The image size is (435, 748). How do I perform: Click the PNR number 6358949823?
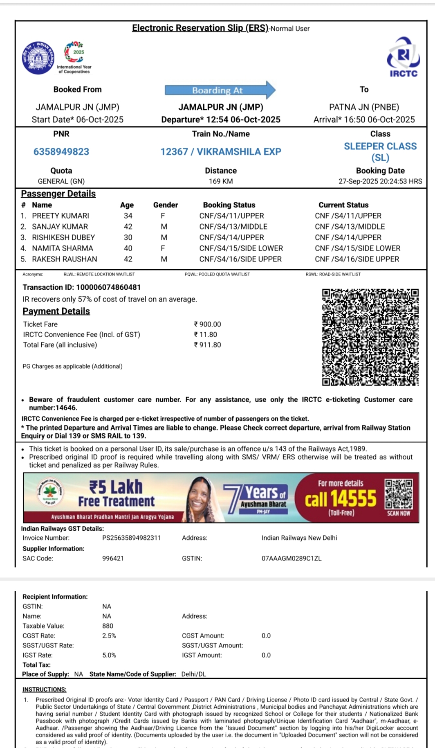[61, 152]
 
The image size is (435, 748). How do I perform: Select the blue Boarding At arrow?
[220, 90]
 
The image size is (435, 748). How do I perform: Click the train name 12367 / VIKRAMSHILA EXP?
[221, 152]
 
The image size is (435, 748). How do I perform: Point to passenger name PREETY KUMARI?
[61, 216]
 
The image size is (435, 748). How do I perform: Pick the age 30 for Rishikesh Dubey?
[128, 237]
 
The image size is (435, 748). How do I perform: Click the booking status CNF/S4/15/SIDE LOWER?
[241, 248]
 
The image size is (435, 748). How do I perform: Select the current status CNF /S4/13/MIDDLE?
[350, 227]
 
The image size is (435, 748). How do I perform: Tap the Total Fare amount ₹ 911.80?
[207, 345]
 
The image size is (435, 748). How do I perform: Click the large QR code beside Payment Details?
[370, 337]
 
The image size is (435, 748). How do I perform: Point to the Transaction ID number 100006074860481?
[108, 287]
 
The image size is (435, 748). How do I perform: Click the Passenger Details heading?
[58, 194]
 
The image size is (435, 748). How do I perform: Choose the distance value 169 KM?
[221, 181]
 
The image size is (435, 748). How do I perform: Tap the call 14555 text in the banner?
[341, 499]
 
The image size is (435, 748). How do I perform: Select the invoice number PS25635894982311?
[132, 538]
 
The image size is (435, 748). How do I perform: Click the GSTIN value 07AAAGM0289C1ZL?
[291, 558]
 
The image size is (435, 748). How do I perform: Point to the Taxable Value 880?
[108, 626]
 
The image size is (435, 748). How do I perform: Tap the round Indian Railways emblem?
[38, 58]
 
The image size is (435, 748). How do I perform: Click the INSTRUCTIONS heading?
[45, 689]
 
